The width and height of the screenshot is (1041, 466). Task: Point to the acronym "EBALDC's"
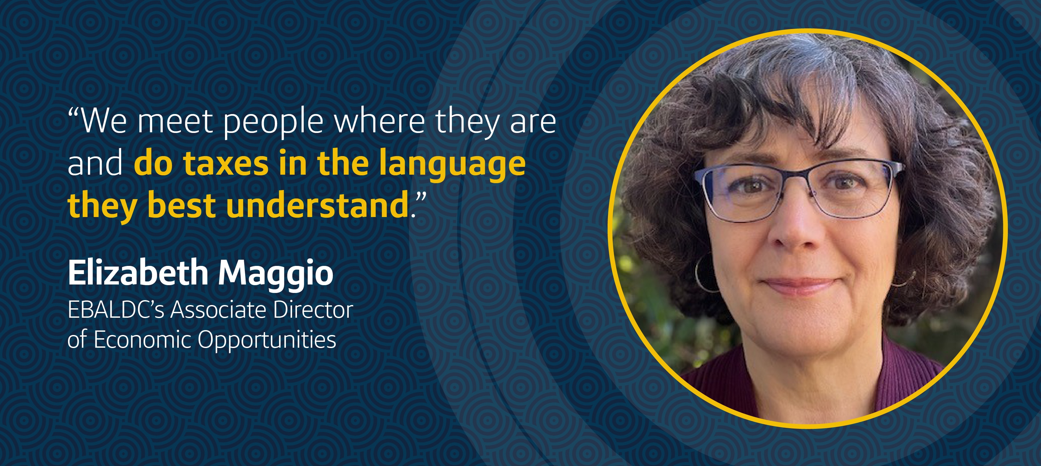point(116,310)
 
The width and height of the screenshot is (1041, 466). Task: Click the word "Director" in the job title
point(313,310)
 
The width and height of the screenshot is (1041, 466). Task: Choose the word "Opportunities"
point(267,341)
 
